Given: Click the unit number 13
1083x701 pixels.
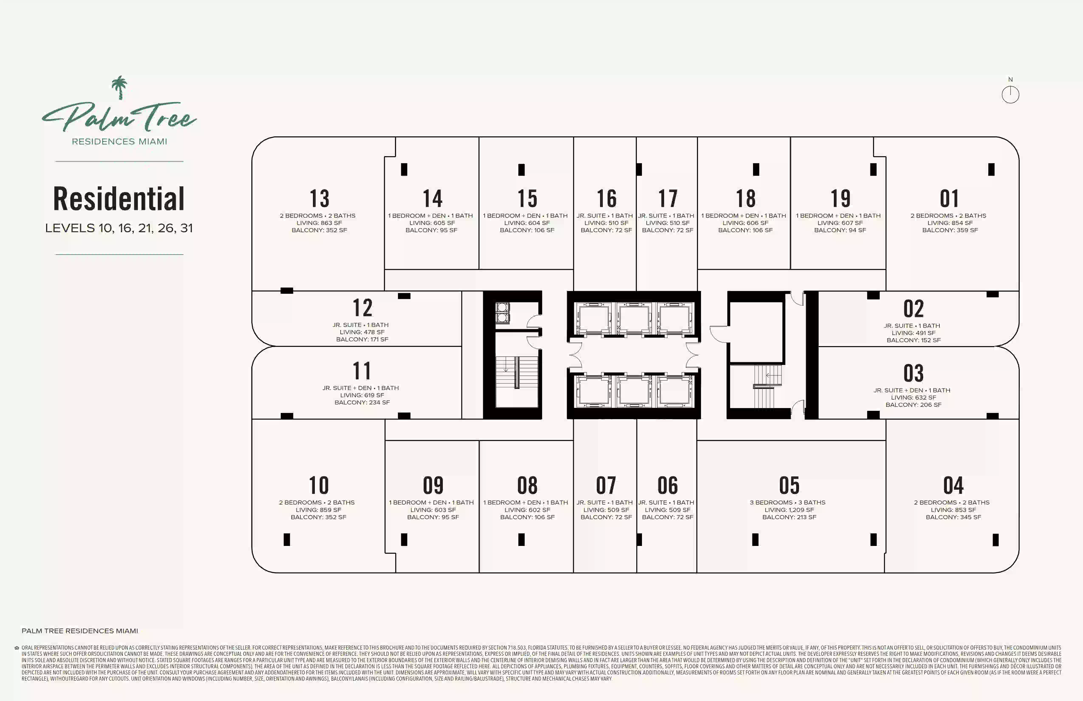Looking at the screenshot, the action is (319, 198).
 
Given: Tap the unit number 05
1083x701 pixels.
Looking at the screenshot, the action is (789, 485).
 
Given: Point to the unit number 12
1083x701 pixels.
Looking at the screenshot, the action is (363, 308).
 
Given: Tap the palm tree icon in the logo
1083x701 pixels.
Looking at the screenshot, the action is (120, 87).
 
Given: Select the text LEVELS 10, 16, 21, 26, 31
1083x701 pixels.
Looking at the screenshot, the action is (119, 228).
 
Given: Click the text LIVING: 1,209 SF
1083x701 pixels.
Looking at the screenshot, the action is (789, 510).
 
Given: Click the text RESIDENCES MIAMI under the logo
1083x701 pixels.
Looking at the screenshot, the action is (119, 141).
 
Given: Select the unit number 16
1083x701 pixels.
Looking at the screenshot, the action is (606, 198).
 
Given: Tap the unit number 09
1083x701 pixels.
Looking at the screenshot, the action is (433, 485).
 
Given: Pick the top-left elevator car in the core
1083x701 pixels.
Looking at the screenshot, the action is (594, 319).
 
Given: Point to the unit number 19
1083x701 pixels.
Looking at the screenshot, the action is (840, 198).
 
